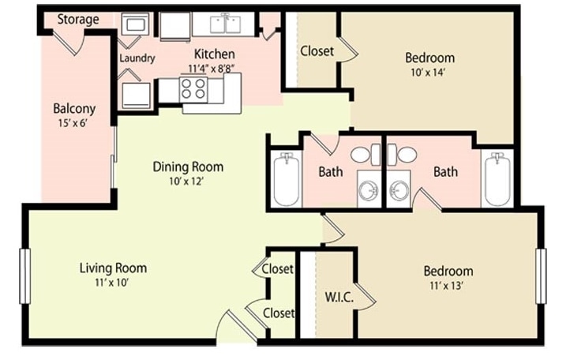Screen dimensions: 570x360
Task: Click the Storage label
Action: click(x=78, y=19)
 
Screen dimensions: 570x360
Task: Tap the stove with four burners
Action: click(x=193, y=89)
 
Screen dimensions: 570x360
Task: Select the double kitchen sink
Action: click(x=225, y=24)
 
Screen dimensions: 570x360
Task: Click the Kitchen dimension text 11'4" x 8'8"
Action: click(x=212, y=69)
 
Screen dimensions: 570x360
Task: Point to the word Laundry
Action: click(x=137, y=58)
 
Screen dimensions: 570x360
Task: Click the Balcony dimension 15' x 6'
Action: click(x=73, y=123)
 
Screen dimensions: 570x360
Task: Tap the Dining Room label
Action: click(x=188, y=167)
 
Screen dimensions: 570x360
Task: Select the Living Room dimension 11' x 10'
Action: click(x=112, y=283)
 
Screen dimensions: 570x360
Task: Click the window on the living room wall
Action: click(x=24, y=276)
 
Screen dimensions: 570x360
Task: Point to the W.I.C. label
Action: click(x=339, y=297)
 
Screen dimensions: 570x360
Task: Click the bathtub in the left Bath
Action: click(x=287, y=180)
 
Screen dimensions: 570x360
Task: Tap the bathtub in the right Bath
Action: click(x=497, y=179)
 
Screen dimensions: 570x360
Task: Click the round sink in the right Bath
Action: click(x=399, y=189)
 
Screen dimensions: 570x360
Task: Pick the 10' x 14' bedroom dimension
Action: click(x=428, y=73)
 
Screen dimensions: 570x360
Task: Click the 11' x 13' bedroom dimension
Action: click(x=446, y=286)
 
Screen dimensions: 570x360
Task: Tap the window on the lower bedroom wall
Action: click(x=541, y=276)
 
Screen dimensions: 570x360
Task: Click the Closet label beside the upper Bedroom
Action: click(x=317, y=51)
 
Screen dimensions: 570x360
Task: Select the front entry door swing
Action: click(x=236, y=325)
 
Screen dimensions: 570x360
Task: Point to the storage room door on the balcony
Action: click(x=69, y=42)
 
